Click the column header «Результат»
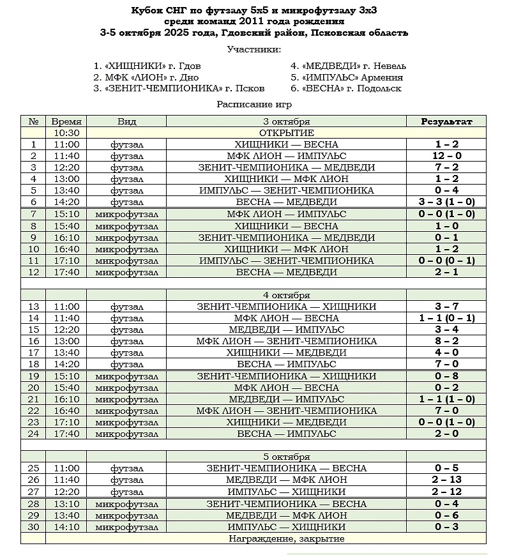(446, 121)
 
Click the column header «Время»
(66, 121)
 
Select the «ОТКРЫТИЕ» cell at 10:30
(286, 133)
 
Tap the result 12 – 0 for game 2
(446, 156)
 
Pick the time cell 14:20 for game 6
(66, 202)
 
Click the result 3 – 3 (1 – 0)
(446, 202)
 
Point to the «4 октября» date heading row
(286, 295)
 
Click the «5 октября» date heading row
(286, 457)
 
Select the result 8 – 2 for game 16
(446, 341)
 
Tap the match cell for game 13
(286, 307)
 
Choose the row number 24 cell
(34, 434)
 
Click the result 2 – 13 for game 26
(446, 480)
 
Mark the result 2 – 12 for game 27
(446, 492)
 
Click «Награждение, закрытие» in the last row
(286, 538)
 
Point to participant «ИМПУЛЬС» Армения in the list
(346, 77)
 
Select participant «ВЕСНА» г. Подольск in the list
(345, 88)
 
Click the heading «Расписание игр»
(253, 103)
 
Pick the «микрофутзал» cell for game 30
(126, 527)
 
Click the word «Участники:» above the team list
(253, 49)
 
